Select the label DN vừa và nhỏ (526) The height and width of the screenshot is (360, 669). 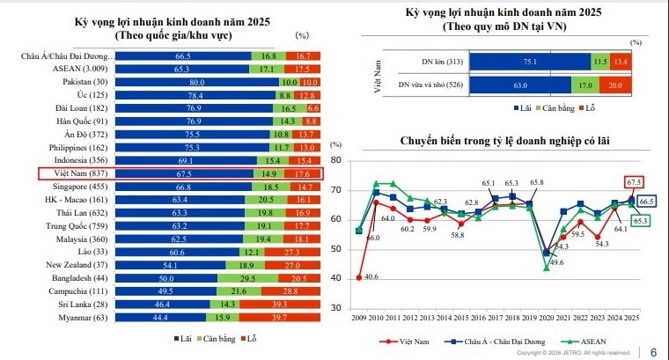tap(428, 85)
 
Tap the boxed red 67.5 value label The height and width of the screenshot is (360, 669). tap(630, 182)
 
